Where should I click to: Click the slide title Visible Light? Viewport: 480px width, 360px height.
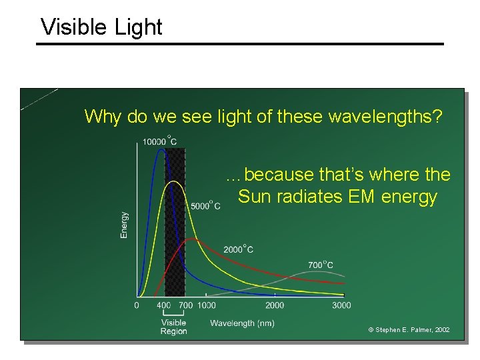pos(101,27)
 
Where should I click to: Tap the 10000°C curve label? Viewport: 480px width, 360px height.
pos(159,141)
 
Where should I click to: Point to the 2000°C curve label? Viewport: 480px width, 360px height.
pos(238,249)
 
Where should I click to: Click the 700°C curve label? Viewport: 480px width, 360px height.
pos(321,265)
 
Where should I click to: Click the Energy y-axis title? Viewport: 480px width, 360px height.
pos(125,225)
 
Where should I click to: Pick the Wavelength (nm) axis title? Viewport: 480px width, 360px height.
pos(242,323)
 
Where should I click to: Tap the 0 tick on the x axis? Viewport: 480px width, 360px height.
pos(137,305)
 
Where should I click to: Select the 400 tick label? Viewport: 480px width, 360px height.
pos(163,305)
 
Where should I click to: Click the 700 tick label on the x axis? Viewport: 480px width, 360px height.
pos(185,305)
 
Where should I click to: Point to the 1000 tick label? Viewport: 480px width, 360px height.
pos(207,305)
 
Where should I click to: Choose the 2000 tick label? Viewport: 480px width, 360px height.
pos(275,305)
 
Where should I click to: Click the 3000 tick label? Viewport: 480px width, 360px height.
pos(341,305)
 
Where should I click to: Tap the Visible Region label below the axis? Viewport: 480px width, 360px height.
pos(173,327)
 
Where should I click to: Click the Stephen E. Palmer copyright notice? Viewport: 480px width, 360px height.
pos(409,330)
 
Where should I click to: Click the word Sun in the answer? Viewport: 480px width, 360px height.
pos(252,197)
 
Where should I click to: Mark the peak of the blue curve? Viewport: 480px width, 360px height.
pos(161,149)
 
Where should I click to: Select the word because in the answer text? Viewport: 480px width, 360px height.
pos(279,175)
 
